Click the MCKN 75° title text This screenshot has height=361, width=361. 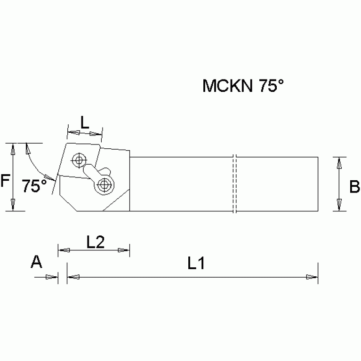(244, 86)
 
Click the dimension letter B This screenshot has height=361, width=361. (354, 187)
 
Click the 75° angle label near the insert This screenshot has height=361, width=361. (34, 186)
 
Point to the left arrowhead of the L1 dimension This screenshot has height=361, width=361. (73, 277)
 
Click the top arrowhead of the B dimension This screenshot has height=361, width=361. (338, 163)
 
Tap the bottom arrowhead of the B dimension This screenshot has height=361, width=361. (338, 205)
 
